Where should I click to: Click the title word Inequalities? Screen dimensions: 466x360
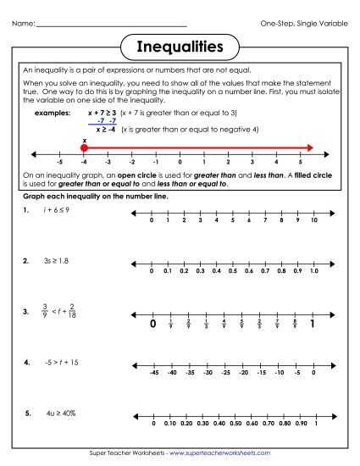pyautogui.click(x=180, y=45)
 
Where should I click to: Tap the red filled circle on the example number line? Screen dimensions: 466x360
pyautogui.click(x=84, y=148)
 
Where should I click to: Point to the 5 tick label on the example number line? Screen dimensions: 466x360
pyautogui.click(x=301, y=160)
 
